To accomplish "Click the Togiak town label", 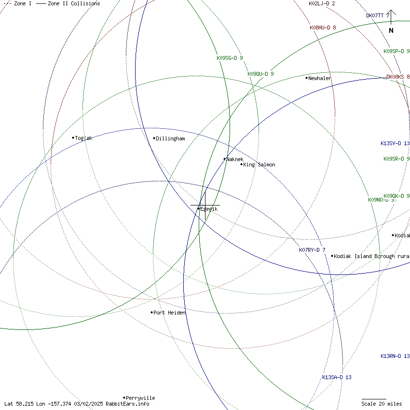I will point(83,138).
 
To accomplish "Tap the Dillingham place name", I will point(170,138).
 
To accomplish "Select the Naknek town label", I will point(235,159).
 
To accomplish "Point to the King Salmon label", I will point(259,164).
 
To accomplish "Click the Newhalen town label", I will point(319,78).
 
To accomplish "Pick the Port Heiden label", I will point(169,313).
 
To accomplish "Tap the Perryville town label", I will point(140,398).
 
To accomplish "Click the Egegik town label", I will point(209,209).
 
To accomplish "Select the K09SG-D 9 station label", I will point(230,58).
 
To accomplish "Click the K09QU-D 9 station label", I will point(260,74).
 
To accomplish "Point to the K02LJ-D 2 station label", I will point(322,3).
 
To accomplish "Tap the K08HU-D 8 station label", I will point(323,27).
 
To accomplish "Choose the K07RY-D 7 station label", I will point(312,250).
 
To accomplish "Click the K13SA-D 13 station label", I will point(337,377).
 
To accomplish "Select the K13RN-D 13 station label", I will point(395,356).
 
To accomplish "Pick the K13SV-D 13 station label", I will point(395,143).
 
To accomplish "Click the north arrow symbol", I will point(391,22).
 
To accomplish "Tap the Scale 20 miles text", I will point(382,404).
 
